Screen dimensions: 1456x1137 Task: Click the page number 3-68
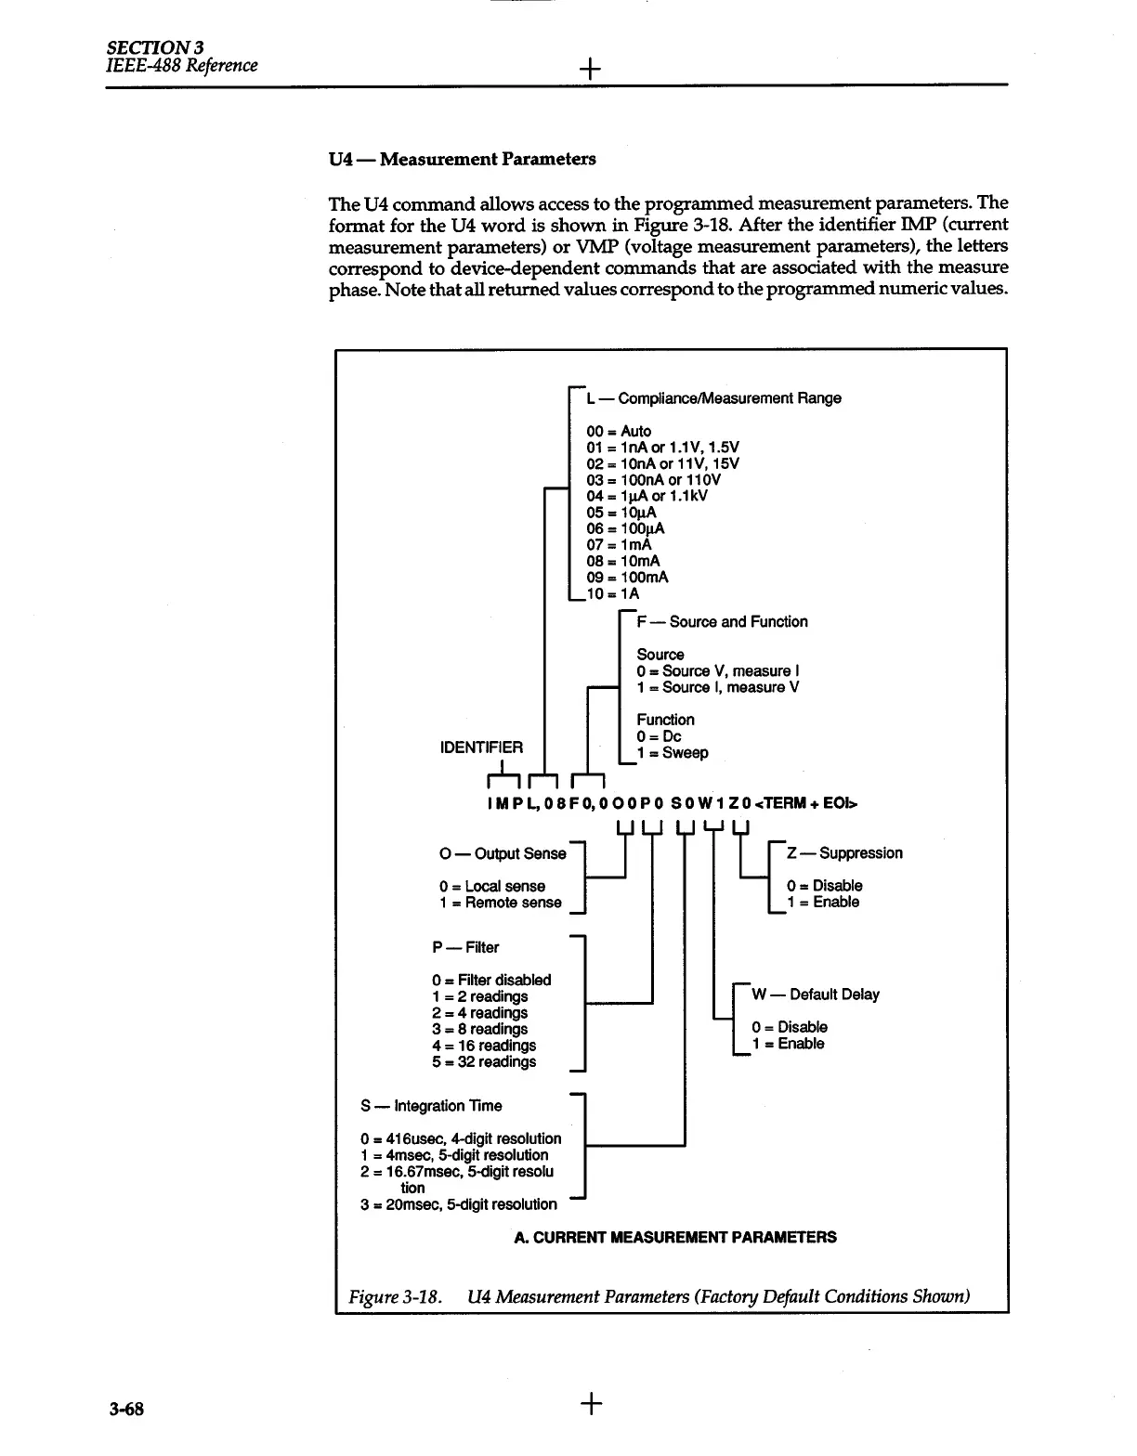[x=125, y=1409]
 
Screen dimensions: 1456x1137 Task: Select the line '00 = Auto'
[x=619, y=431]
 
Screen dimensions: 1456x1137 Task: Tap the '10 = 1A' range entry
[x=613, y=593]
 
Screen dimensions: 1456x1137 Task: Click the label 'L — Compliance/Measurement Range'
[x=713, y=398]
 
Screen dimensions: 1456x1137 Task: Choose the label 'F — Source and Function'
[x=722, y=621]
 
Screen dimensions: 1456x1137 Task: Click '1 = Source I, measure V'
[x=717, y=687]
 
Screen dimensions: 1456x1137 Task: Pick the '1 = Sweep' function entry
[x=672, y=752]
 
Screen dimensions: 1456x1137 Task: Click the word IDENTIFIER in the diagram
[x=481, y=747]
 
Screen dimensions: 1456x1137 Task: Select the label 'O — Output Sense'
[x=502, y=853]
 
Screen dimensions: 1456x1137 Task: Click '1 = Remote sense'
[x=500, y=902]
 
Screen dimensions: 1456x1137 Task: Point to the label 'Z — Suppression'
[x=844, y=852]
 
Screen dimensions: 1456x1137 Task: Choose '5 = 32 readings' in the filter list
[x=484, y=1061]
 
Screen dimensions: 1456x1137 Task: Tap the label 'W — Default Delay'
[x=815, y=994]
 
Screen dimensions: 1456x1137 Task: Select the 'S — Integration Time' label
[x=431, y=1105]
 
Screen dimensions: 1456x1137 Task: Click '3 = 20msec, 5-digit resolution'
[x=458, y=1204]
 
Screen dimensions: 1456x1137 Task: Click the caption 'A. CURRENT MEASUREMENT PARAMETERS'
[x=675, y=1237]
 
